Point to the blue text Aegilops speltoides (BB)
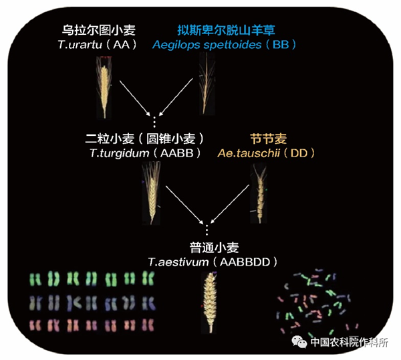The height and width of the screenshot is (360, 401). click(x=224, y=44)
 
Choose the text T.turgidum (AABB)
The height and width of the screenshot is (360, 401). click(x=134, y=153)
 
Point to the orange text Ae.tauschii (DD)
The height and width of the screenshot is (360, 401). click(x=267, y=153)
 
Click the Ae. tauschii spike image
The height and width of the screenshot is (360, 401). click(x=258, y=191)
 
